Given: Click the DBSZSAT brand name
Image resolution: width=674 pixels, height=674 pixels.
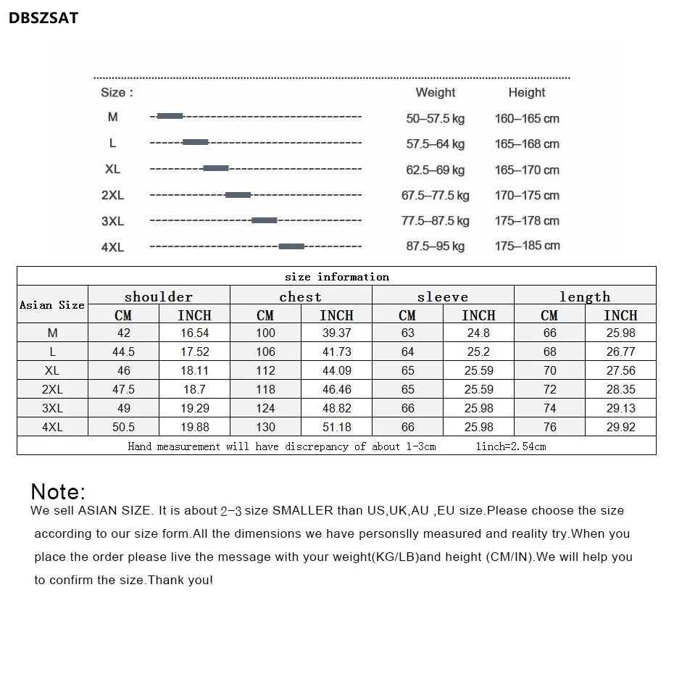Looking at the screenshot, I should (43, 19).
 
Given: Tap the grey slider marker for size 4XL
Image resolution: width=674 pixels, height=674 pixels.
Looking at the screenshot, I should (291, 246).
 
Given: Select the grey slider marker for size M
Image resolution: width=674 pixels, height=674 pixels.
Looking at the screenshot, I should (170, 116).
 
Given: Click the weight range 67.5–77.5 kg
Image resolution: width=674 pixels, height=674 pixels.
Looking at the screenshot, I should (435, 195).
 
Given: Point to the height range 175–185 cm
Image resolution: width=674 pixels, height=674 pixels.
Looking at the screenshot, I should (527, 246).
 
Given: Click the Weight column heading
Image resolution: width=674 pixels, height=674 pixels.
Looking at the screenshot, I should (435, 92).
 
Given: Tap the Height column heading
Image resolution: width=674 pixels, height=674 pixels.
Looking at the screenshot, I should (526, 92).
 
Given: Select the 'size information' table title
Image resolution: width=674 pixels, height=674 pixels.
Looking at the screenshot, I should (336, 276).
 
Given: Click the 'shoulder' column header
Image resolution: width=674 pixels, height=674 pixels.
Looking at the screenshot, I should (159, 296).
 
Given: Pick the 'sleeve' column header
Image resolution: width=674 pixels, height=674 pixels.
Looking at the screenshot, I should (442, 296).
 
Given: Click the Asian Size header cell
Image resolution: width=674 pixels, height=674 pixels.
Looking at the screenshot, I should (52, 305).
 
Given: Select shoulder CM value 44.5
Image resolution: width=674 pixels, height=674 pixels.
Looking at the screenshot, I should (123, 351).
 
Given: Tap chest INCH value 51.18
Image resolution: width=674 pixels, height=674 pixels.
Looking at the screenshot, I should (336, 427).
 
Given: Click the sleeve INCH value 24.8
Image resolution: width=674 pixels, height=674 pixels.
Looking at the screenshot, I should (478, 333).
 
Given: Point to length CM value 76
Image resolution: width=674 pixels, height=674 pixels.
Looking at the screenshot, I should (549, 427).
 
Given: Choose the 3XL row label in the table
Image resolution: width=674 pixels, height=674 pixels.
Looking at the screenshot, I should (52, 408).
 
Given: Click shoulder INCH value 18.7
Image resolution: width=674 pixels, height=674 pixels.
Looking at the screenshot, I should (194, 389).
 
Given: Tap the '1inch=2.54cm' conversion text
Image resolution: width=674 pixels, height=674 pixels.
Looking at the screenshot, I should (510, 446).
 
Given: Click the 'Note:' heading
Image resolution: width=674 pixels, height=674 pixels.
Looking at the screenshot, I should (58, 491).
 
